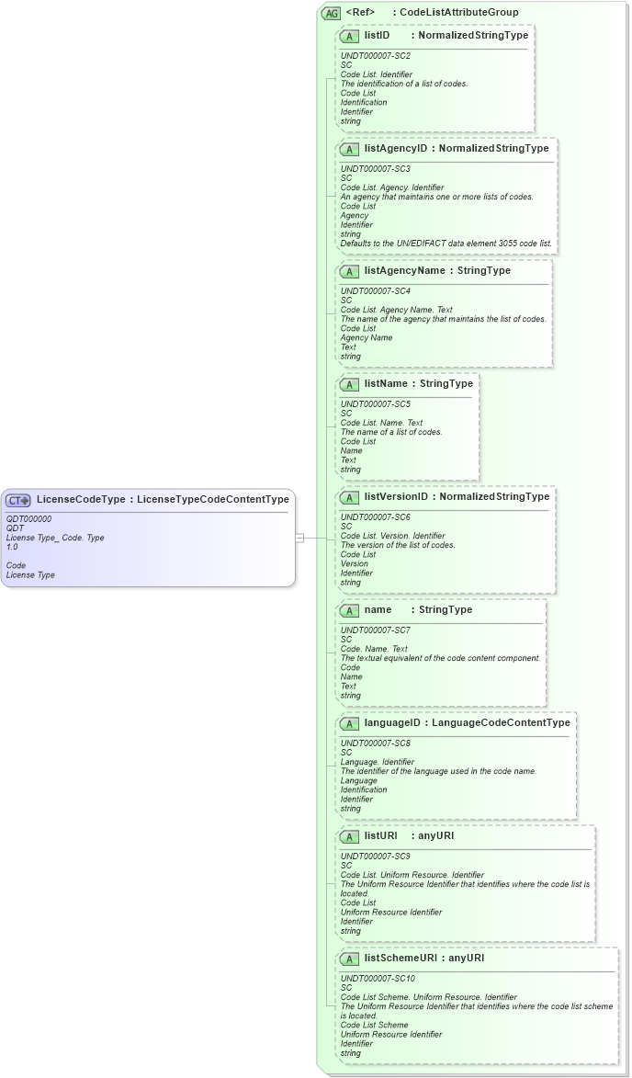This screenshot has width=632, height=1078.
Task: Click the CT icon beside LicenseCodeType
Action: [18, 500]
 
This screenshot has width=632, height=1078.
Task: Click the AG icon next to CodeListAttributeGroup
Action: [331, 13]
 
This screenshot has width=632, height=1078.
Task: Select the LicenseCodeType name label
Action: [81, 500]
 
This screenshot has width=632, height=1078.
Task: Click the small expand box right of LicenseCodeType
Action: [299, 538]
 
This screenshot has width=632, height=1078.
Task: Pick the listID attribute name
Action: [377, 35]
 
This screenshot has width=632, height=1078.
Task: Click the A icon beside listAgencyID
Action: [349, 149]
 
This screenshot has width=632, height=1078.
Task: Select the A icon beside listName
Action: [349, 384]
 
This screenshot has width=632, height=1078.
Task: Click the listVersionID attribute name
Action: [396, 497]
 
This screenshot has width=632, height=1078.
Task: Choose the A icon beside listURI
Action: [349, 836]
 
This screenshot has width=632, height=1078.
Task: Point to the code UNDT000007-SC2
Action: [376, 56]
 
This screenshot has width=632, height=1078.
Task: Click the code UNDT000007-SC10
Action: [378, 979]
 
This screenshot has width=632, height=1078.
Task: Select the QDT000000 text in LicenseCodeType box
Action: [28, 519]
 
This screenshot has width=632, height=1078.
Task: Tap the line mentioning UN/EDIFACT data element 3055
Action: [446, 244]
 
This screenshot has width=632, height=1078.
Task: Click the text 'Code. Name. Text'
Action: [374, 649]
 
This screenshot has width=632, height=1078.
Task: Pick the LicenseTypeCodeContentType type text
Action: [213, 500]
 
